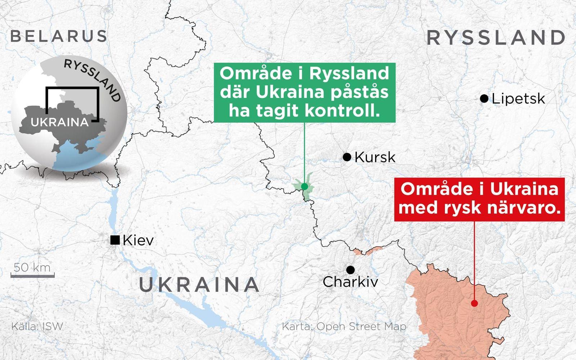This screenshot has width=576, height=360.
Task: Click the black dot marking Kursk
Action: coord(347,157)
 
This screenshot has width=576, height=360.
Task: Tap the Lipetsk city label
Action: coord(518,99)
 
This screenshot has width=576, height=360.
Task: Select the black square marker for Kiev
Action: coord(115,240)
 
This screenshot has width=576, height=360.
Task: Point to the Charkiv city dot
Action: coord(350,270)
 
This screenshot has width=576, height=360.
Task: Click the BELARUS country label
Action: coord(59,36)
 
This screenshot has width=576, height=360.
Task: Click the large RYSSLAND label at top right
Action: coord(496,38)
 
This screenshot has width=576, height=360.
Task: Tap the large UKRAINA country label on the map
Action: coord(199,284)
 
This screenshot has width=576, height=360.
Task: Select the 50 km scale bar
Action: coord(32,275)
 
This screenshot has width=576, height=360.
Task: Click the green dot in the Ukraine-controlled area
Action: coord(305,186)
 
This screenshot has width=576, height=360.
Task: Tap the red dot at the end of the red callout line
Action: coord(474,303)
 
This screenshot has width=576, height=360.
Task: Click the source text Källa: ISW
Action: coord(37,327)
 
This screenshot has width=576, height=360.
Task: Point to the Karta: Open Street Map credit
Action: coord(344,327)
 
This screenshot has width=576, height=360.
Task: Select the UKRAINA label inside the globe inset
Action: coord(60,122)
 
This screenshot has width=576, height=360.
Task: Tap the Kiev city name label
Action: coord(138,240)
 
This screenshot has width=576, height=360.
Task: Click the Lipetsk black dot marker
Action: coord(484,98)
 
